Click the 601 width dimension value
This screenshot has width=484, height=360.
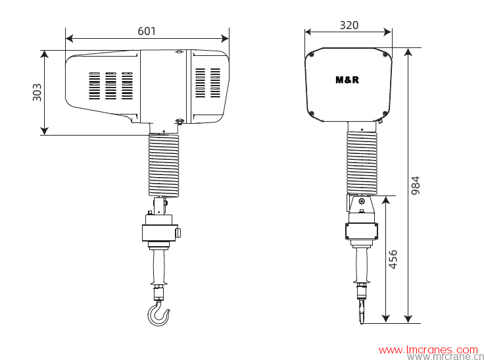tap(147, 30)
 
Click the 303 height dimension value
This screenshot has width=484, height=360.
tap(37, 92)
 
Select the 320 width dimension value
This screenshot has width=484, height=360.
tap(349, 25)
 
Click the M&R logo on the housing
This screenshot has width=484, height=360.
tap(347, 80)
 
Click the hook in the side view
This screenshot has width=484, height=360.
tap(158, 313)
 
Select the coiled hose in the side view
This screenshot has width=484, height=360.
tap(163, 165)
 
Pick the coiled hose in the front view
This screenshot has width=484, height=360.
tap(362, 161)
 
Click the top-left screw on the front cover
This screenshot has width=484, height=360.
tap(312, 55)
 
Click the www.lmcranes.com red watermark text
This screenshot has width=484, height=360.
tap(428, 349)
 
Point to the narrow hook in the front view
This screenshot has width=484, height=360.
tap(361, 309)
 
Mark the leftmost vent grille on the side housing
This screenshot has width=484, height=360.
tap(95, 86)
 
